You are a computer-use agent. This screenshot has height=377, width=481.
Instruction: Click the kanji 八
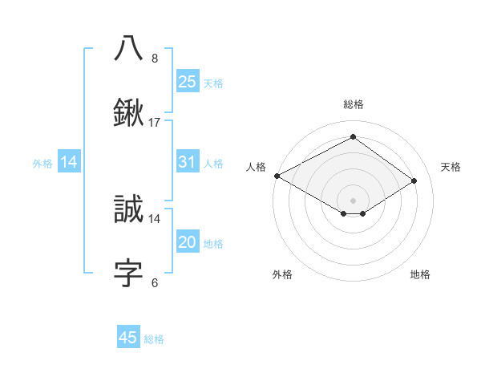(x=129, y=48)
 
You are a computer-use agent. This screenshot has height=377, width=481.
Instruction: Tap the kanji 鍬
(x=129, y=113)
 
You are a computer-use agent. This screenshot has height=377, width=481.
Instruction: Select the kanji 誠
(x=129, y=209)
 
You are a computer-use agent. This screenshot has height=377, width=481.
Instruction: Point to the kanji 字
(x=129, y=273)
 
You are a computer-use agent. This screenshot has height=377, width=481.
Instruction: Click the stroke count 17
(x=155, y=123)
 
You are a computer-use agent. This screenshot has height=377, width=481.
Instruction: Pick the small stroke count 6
(x=155, y=282)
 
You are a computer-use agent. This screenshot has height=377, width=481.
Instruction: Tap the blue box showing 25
(x=187, y=81)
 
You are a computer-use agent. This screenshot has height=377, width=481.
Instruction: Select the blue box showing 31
(x=187, y=162)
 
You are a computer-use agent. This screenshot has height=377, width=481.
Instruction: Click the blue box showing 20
(x=187, y=242)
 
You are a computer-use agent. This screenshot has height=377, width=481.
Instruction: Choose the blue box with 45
(x=128, y=338)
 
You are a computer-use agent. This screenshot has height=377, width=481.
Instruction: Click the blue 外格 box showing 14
(x=69, y=162)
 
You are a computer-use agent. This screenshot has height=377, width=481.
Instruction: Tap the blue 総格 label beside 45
(x=154, y=339)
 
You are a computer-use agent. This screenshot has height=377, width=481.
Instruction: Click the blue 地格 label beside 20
(x=213, y=244)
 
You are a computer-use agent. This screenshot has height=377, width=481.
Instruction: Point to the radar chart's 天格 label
(x=451, y=167)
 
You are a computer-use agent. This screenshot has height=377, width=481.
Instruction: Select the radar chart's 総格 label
(x=353, y=104)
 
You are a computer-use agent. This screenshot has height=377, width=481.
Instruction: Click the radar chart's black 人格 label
(x=256, y=167)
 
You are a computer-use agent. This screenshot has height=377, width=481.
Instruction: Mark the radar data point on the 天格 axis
(x=414, y=181)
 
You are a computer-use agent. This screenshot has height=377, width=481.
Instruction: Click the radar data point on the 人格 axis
(x=277, y=176)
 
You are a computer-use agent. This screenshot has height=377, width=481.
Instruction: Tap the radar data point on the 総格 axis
(x=353, y=137)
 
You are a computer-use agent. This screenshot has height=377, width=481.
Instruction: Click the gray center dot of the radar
(x=353, y=200)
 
